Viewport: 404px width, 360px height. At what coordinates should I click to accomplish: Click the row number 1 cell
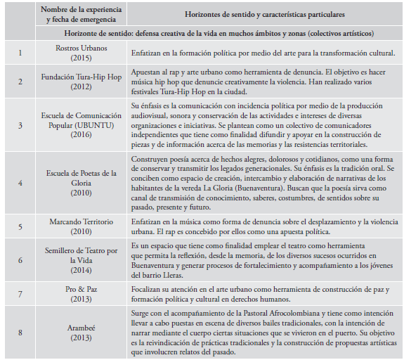pyautogui.click(x=20, y=52)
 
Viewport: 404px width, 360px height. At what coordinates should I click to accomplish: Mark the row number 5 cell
pyautogui.click(x=20, y=226)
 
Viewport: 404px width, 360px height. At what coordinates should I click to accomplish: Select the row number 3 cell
pyautogui.click(x=20, y=125)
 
